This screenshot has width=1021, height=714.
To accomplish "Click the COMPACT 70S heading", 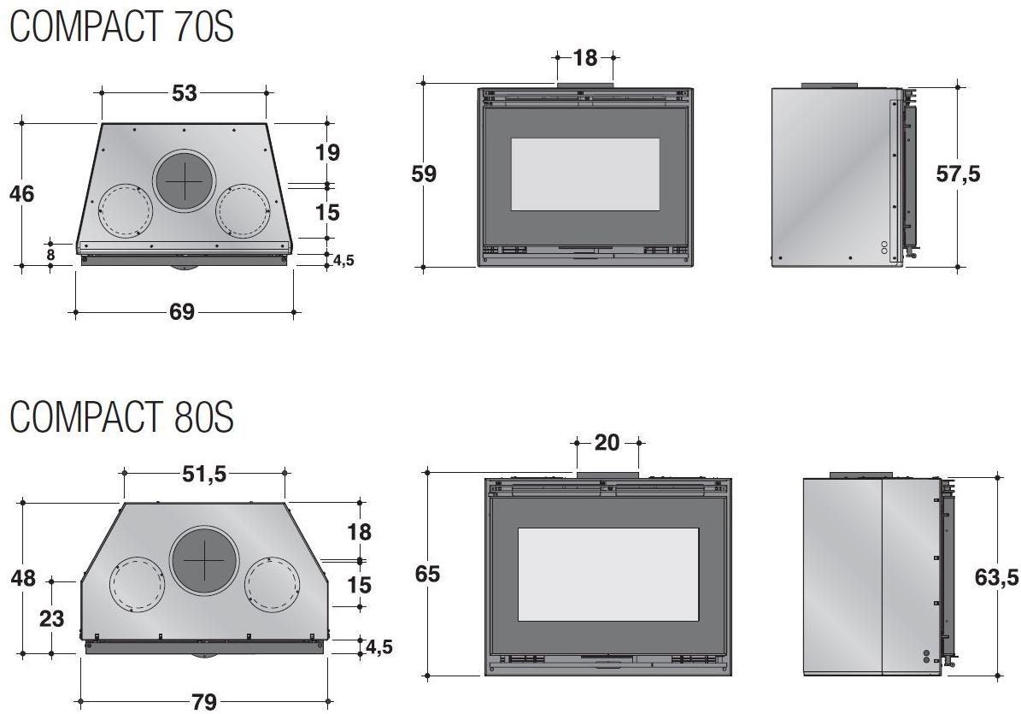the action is pos(122,27).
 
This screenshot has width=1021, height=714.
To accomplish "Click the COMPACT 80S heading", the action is pos(122,417).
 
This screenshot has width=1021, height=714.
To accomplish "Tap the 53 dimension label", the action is pos(185,93).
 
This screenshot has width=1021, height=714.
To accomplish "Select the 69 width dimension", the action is pos(182,312).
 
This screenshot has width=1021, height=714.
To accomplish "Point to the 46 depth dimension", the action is pos(22,193).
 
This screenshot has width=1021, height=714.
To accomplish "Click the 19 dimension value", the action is pos(327,152).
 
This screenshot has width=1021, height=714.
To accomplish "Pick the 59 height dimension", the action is pos(424,174).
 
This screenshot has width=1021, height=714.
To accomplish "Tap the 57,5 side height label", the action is pos(958,174).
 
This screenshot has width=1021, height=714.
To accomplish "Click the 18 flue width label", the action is pos(585,58).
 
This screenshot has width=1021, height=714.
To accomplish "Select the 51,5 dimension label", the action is pos(204,475).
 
